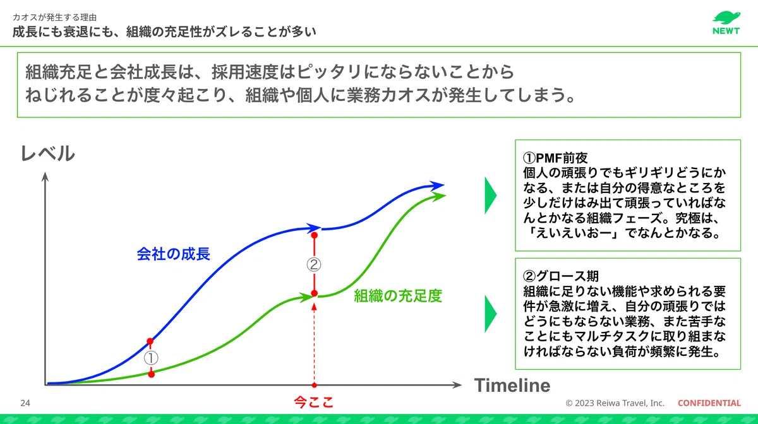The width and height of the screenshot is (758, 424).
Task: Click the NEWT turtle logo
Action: point(726,23)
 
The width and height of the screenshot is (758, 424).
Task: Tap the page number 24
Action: point(25,403)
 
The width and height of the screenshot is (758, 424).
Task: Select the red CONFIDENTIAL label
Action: point(709,403)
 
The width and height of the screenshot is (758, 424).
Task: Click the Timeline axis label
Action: point(512,385)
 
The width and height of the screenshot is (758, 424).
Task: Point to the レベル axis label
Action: point(48,153)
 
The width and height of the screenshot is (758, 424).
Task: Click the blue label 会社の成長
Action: point(173,254)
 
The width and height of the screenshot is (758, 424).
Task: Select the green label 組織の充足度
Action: point(398,296)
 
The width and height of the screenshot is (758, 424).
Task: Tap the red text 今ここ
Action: point(314,403)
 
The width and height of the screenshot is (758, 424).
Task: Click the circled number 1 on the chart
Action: point(151,358)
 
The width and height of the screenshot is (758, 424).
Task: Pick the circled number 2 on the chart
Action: point(314,265)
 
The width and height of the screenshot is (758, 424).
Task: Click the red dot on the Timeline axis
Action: point(315,385)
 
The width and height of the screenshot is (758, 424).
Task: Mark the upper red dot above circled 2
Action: point(315,235)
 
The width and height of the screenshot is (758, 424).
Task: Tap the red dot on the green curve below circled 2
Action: point(315,293)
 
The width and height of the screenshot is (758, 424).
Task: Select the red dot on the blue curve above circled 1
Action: point(150,341)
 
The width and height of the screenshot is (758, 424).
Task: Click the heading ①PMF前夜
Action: point(555,158)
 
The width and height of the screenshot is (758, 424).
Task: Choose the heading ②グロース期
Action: point(561,276)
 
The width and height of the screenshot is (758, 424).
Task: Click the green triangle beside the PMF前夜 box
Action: point(490,196)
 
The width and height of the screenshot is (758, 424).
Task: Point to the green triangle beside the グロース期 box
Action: point(490,314)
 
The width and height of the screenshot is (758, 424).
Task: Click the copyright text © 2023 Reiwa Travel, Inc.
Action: point(615,403)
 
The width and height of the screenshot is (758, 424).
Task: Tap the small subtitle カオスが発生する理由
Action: point(55,17)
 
